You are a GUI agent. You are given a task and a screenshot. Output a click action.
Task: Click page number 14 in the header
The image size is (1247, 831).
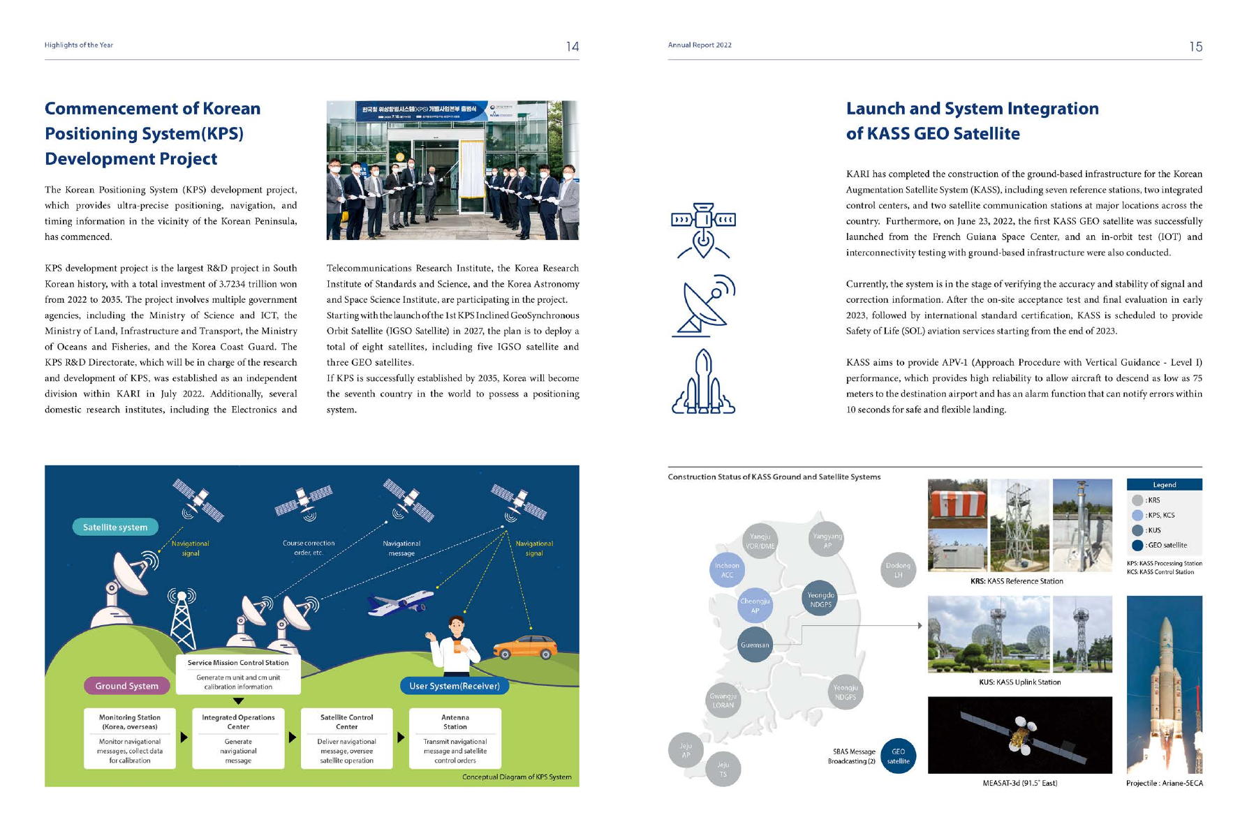tap(572, 47)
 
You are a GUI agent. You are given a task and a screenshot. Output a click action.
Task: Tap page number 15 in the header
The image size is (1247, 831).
tap(1195, 47)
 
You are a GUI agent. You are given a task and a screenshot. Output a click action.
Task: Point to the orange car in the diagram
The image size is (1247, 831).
tap(525, 647)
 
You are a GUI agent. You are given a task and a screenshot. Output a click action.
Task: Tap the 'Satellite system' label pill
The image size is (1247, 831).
tap(115, 527)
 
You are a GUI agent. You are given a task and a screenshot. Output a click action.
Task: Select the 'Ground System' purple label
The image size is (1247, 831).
tap(127, 686)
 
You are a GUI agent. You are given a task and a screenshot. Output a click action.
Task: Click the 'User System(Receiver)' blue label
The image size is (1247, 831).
tap(455, 686)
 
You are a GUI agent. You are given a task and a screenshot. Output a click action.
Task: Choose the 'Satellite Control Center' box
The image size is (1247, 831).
tap(346, 738)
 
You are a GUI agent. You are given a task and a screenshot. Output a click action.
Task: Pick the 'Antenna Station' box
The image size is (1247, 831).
tap(455, 738)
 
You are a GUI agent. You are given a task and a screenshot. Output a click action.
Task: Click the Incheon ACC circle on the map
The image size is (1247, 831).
tap(727, 570)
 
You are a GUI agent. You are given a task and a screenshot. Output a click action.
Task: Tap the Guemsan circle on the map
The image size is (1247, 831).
tap(755, 645)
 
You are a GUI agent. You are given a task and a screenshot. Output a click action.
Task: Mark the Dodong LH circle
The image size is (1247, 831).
tap(898, 570)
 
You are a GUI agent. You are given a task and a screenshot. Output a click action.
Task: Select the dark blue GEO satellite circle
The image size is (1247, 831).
tap(898, 756)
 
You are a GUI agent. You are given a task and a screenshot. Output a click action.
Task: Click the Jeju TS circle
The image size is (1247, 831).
tap(723, 770)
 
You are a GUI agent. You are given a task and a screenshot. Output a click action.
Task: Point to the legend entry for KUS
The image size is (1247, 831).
tap(1152, 530)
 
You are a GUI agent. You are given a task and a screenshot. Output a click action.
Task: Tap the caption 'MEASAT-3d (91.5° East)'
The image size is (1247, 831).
tap(1019, 783)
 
